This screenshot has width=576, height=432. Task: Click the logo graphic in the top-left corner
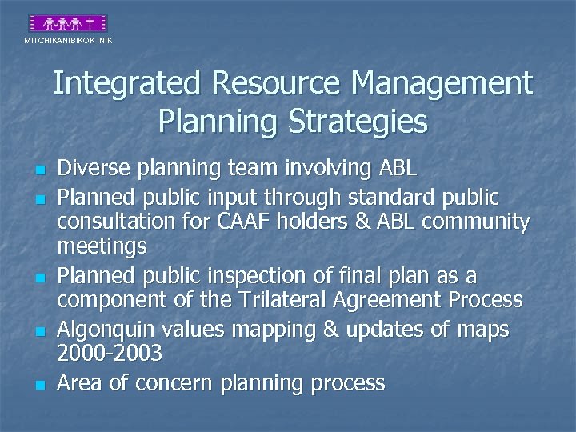tap(67, 24)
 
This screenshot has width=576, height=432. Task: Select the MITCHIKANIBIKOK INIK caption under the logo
tap(68, 40)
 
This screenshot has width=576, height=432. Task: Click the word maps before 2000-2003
tap(485, 328)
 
